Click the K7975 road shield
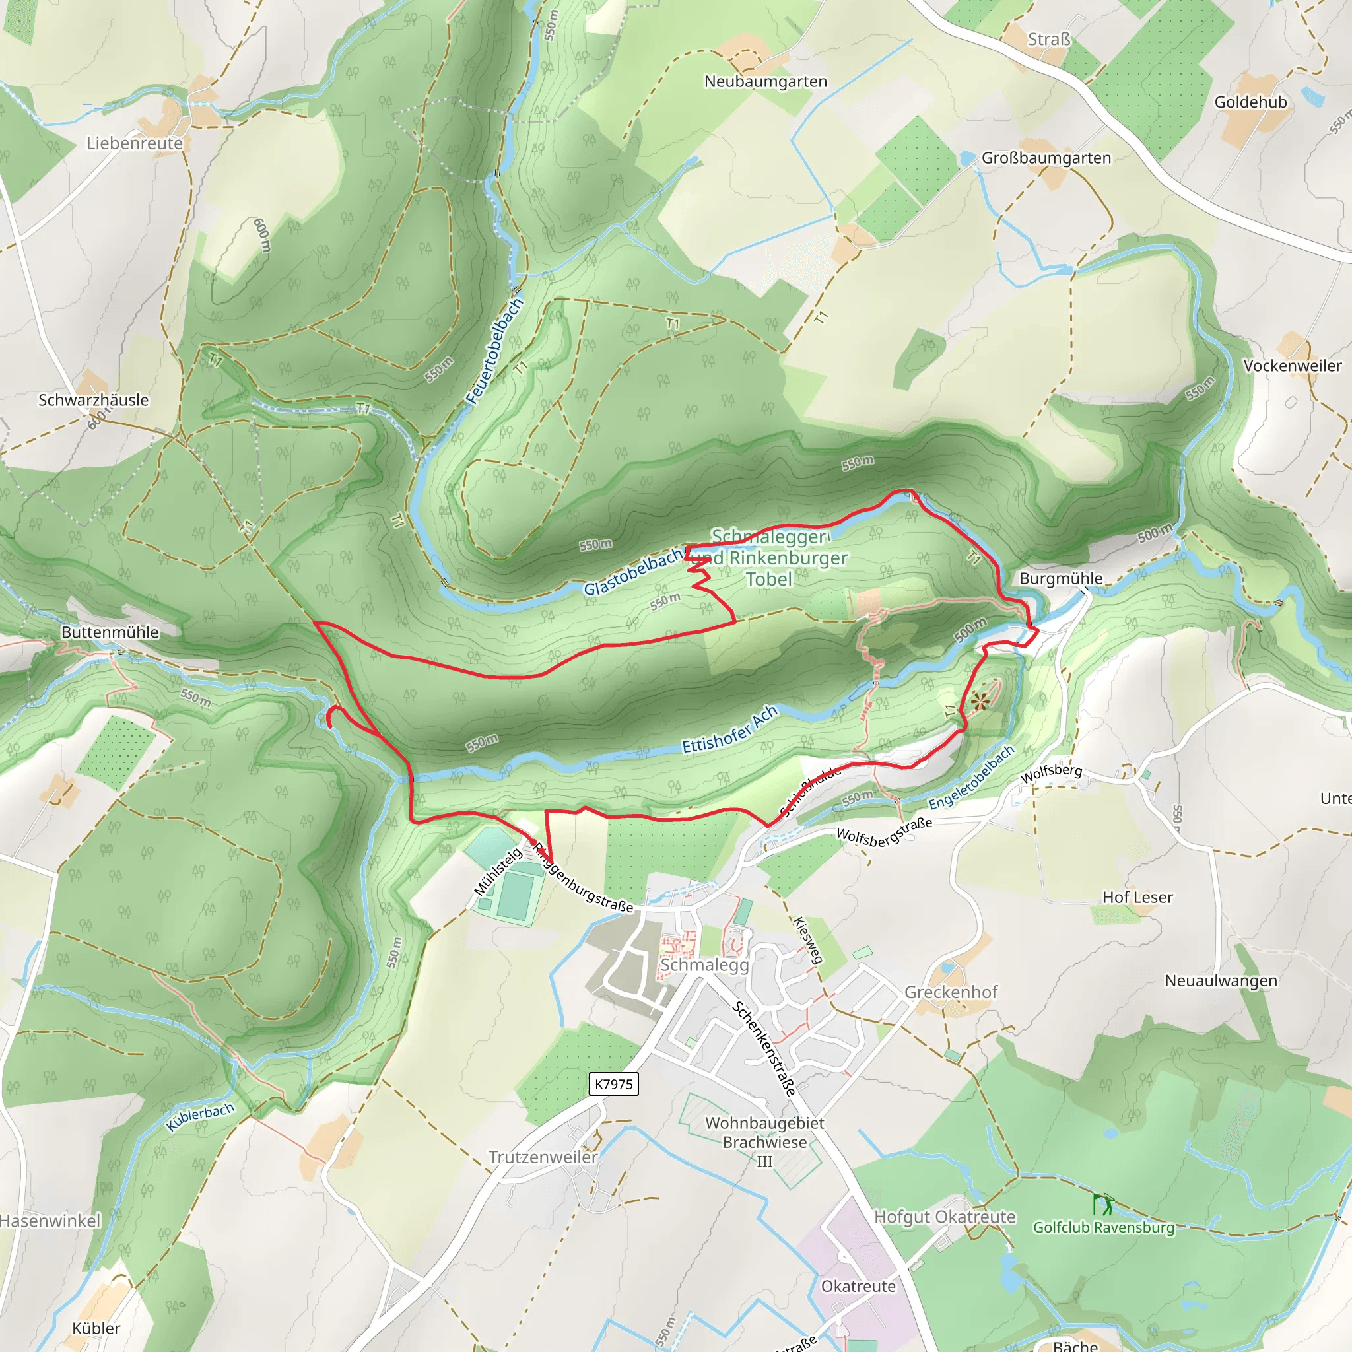613,1084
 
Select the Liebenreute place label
135,143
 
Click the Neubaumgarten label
766,81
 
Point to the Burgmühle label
1061,578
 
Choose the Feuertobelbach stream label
494,351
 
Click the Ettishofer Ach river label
730,729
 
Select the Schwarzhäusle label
93,399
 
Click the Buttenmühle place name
110,632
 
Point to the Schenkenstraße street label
764,1048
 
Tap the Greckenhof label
951,992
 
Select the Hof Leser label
1137,897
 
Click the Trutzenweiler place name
543,1157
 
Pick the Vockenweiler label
1292,365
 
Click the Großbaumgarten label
1046,158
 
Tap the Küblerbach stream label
200,1116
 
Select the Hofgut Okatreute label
945,1216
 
